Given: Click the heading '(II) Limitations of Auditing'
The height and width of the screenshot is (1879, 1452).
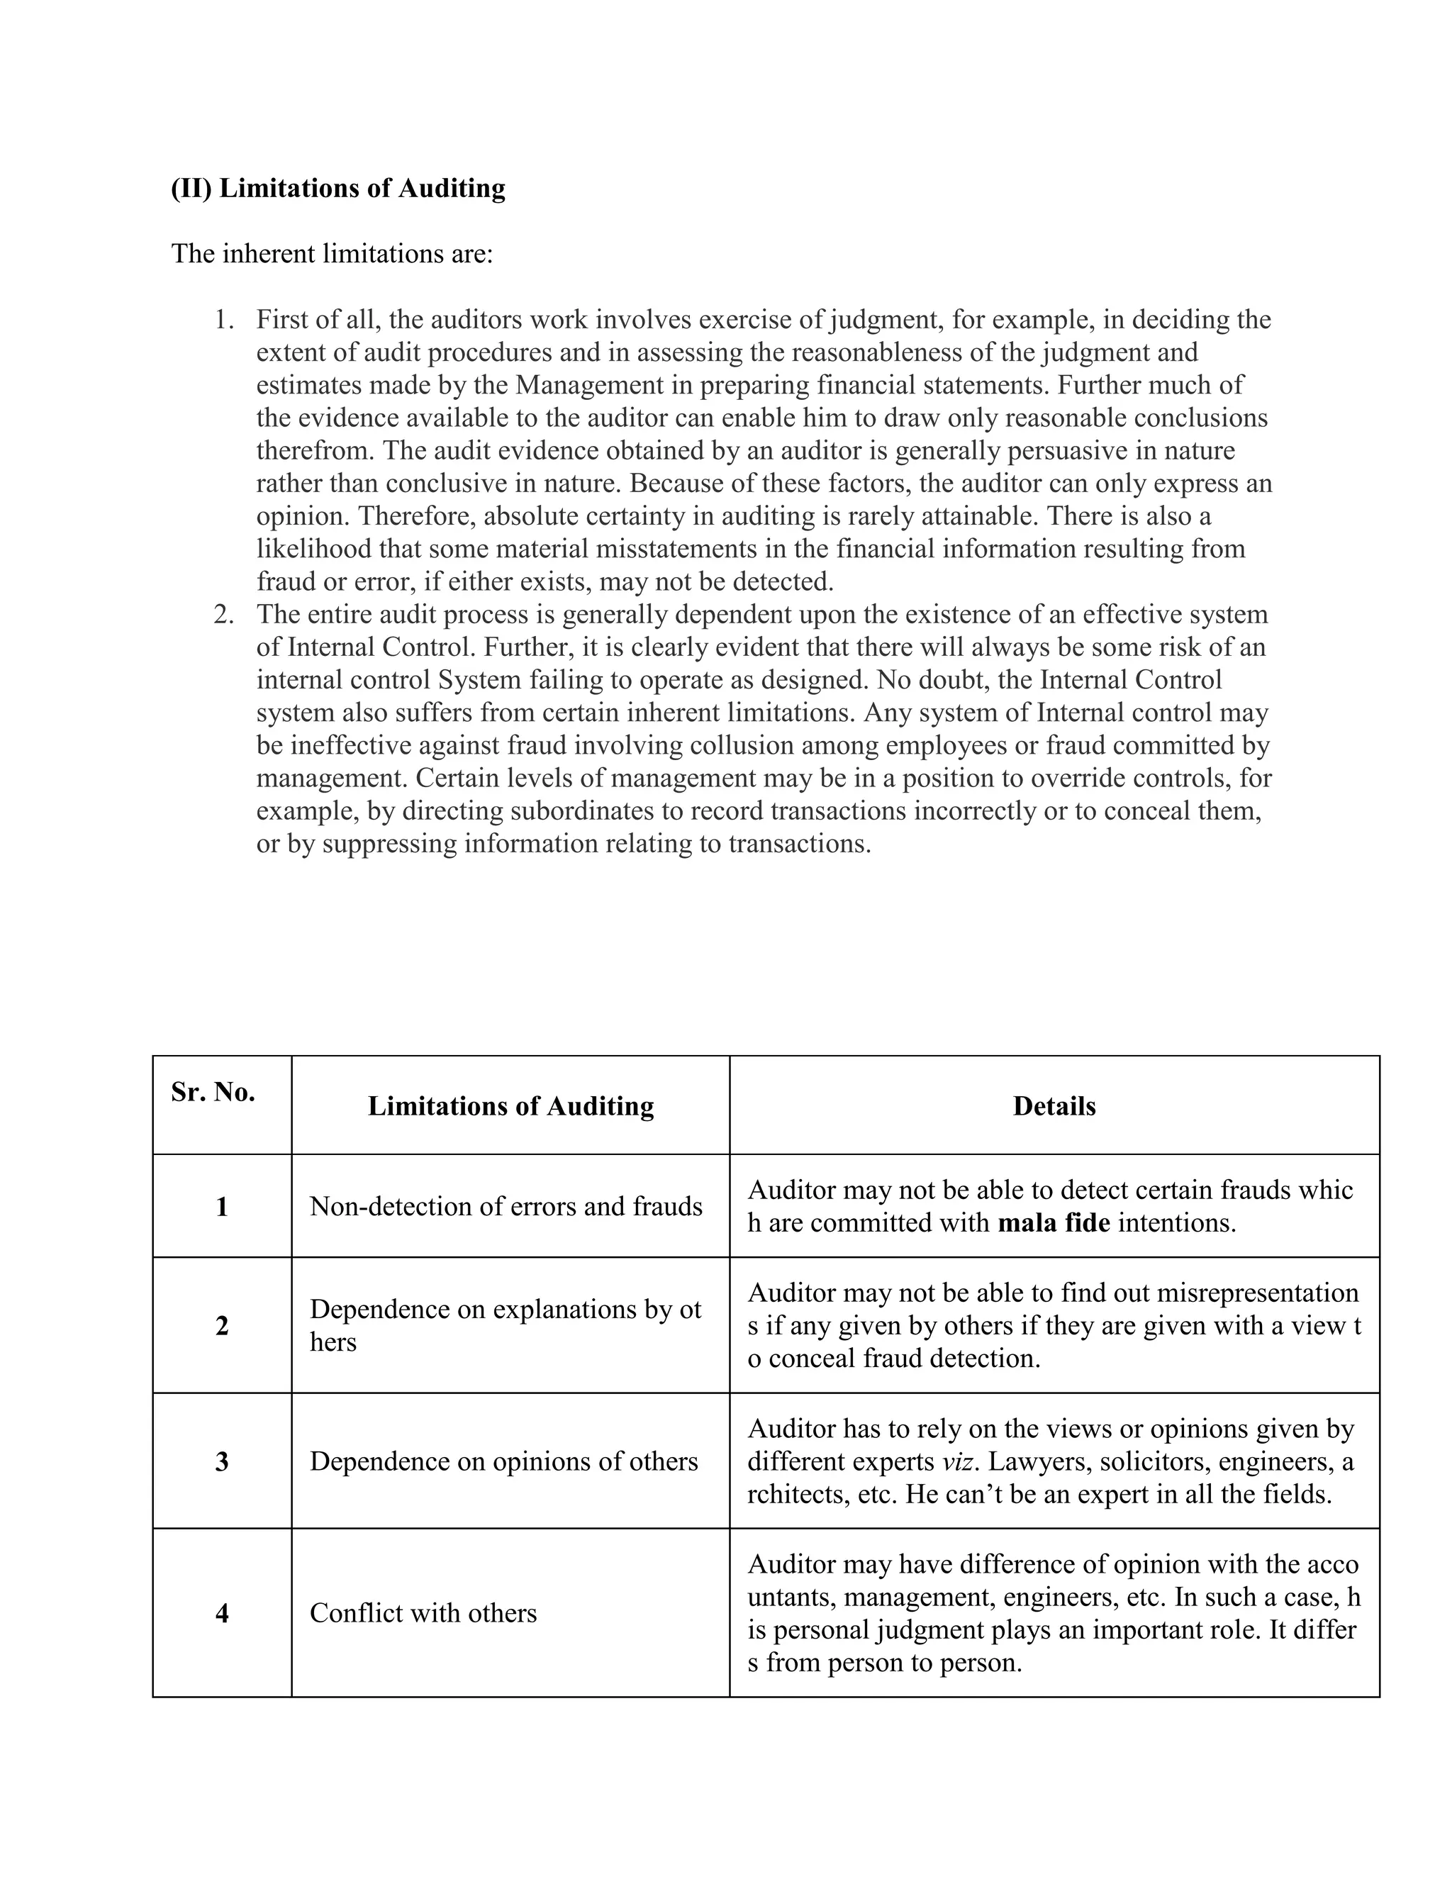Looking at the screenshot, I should click(x=338, y=188).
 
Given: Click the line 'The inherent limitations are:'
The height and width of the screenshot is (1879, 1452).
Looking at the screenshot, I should click(x=332, y=254).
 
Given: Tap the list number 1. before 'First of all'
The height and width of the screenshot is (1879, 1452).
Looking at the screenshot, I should click(x=223, y=320).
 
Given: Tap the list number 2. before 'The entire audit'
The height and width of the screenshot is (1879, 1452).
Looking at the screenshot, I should click(x=223, y=614).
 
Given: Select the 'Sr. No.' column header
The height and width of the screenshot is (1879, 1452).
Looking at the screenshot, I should click(x=213, y=1092).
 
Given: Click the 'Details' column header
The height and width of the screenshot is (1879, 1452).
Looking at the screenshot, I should click(x=1054, y=1105).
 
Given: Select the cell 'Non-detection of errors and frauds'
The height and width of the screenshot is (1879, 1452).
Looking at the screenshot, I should click(x=506, y=1206).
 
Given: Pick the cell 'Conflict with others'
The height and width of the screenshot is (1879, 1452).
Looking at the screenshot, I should click(x=423, y=1613).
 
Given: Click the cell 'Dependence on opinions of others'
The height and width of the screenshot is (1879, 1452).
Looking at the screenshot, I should click(x=503, y=1462).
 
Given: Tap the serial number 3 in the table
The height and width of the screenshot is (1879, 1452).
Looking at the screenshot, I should click(x=222, y=1462).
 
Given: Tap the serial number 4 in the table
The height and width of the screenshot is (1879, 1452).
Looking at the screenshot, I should click(x=222, y=1613).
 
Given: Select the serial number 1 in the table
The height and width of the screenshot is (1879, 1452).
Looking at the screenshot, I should click(x=222, y=1206).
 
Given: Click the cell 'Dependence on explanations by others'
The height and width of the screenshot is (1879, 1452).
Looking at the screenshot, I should click(x=505, y=1326).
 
